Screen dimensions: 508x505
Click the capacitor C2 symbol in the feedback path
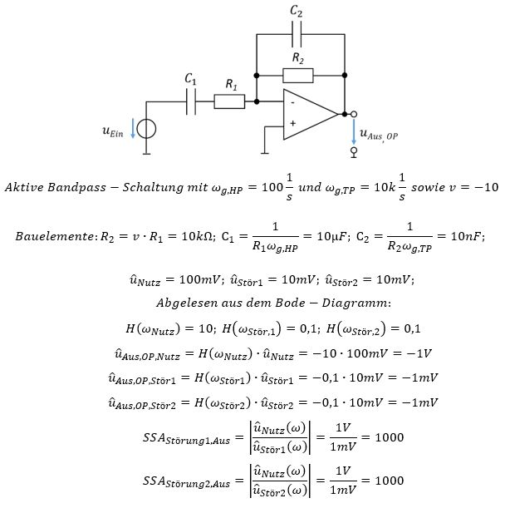click(x=297, y=34)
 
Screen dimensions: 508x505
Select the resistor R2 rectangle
click(x=297, y=76)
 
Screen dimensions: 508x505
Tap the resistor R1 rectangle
click(x=229, y=101)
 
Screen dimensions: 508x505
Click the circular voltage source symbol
click(x=146, y=130)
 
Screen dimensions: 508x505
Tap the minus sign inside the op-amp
click(x=292, y=102)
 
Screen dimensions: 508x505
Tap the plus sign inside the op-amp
click(x=292, y=124)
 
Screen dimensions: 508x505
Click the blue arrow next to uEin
click(x=131, y=130)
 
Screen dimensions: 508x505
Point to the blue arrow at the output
click(x=353, y=131)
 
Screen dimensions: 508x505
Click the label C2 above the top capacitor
click(x=297, y=11)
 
